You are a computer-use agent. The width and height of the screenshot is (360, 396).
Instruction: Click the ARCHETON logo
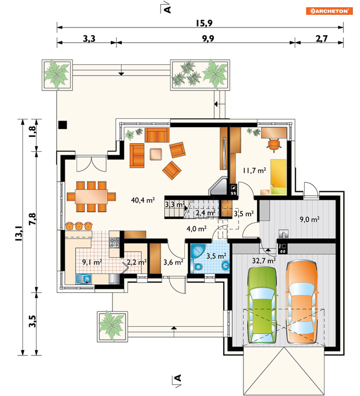click(x=329, y=11)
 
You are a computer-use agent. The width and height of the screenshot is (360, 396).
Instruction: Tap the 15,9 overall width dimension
click(x=204, y=23)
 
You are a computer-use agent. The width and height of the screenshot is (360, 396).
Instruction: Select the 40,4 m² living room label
click(x=143, y=200)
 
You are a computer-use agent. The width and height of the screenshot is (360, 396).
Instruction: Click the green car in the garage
click(x=262, y=305)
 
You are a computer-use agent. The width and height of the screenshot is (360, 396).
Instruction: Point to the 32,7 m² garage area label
click(x=264, y=260)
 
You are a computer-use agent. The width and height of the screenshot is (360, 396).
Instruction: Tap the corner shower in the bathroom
click(x=198, y=251)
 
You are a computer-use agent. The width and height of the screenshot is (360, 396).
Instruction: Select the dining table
click(x=91, y=196)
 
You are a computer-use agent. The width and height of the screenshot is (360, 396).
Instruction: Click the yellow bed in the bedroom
click(x=278, y=177)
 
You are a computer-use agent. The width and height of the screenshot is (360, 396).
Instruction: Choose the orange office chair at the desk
click(x=274, y=145)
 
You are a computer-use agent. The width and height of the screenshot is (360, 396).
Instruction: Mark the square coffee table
click(x=156, y=154)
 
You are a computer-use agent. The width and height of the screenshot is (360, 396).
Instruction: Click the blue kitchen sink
click(x=84, y=279)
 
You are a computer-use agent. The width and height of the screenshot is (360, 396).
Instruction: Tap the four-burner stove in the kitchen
click(x=114, y=243)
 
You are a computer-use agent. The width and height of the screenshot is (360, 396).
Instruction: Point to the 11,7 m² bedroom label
click(x=254, y=171)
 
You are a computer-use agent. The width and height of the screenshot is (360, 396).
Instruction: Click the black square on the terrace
click(x=63, y=125)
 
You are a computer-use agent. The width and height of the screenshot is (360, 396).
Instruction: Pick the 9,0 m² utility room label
click(x=309, y=219)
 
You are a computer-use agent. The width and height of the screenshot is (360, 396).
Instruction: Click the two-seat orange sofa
click(x=157, y=135)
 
